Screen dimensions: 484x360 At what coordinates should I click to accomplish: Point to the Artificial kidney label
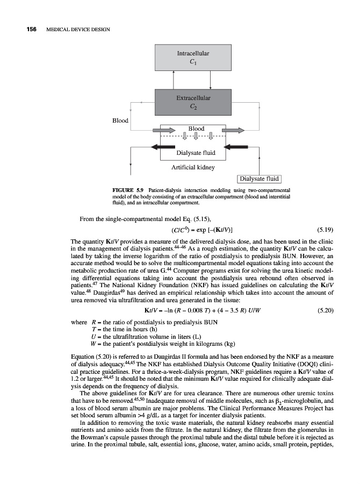pyautogui.click(x=192, y=167)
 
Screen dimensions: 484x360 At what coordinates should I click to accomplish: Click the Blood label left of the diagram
pyautogui.click(x=120, y=120)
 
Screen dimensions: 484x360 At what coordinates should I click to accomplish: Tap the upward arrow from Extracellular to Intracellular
pyautogui.click(x=174, y=80)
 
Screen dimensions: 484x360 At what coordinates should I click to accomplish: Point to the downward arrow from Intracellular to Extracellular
pyautogui.click(x=210, y=80)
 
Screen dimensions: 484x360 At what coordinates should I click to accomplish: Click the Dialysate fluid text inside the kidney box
pyautogui.click(x=196, y=153)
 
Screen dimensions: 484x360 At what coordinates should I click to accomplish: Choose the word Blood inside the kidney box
pyautogui.click(x=196, y=129)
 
